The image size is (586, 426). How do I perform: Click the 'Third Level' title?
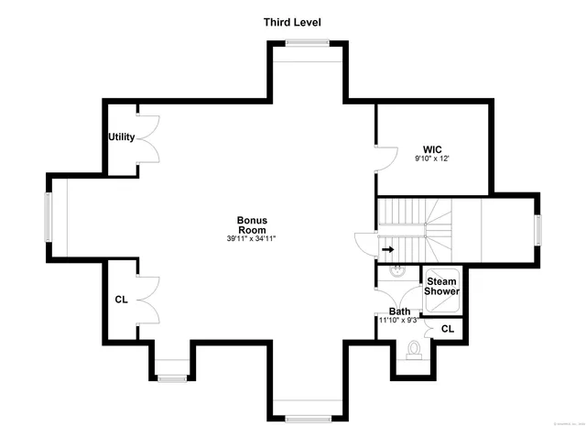click(x=292, y=22)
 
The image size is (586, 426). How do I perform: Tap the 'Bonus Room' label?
click(x=251, y=224)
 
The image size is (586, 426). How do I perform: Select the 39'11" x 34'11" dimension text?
click(x=251, y=238)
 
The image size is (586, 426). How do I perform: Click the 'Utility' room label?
click(x=122, y=137)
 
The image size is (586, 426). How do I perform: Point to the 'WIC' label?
click(x=432, y=148)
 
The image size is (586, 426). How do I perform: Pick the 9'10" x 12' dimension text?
click(x=432, y=158)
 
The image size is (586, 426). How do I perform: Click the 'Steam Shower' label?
click(x=441, y=286)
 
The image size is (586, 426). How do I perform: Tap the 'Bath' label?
click(x=399, y=311)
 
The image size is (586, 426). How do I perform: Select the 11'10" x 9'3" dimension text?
click(x=399, y=321)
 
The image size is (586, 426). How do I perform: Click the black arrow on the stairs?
click(x=387, y=248)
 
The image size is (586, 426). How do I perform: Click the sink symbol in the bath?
click(x=399, y=271)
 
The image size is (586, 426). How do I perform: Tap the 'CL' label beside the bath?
click(x=448, y=328)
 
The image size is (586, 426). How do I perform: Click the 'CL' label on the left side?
click(x=121, y=300)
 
